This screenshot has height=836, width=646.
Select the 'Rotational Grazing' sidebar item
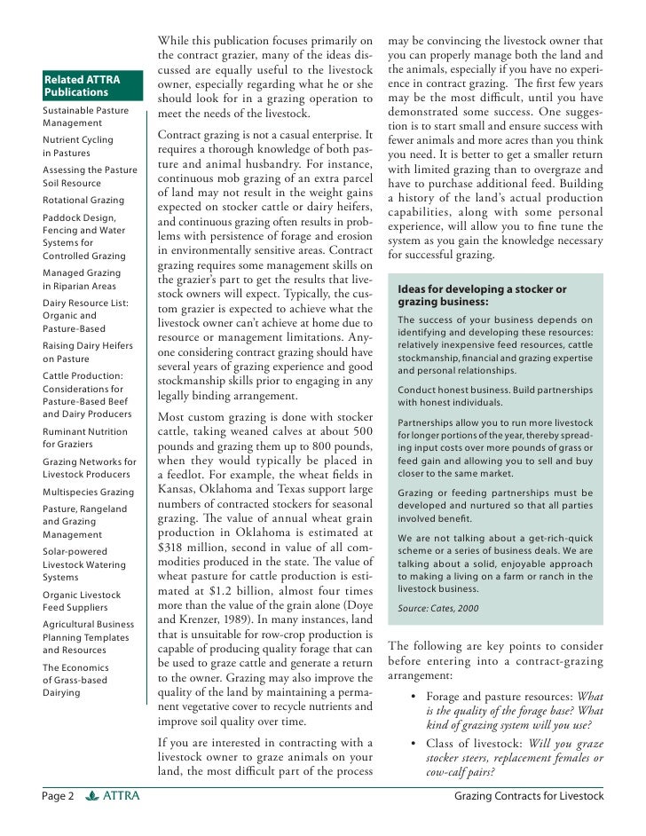(83, 201)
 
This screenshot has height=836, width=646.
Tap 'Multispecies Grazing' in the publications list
(88, 491)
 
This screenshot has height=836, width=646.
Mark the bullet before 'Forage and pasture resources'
(416, 697)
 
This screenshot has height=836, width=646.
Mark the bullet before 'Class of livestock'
(416, 744)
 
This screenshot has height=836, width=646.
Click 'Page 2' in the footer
(59, 796)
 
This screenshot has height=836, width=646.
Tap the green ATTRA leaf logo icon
(91, 796)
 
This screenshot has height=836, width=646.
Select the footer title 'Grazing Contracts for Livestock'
(529, 797)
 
